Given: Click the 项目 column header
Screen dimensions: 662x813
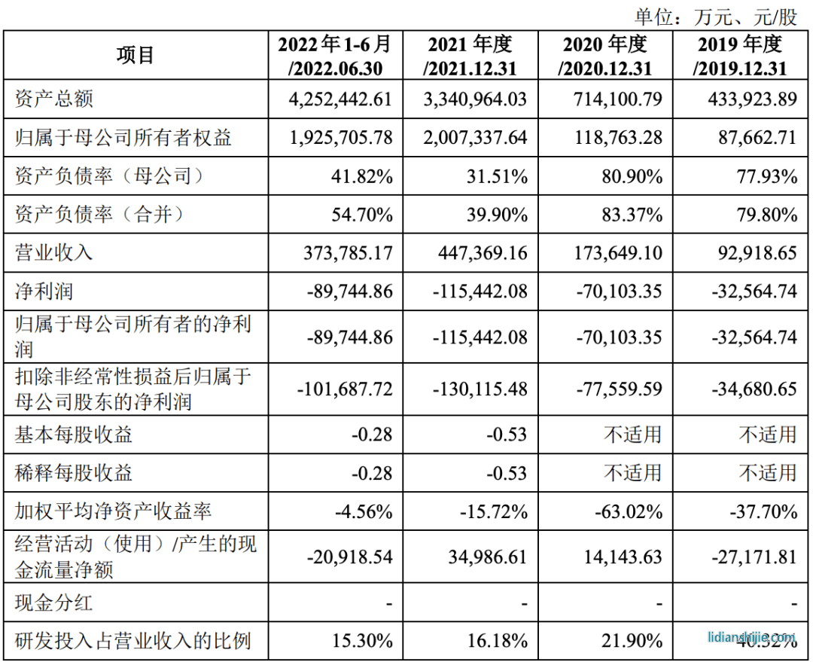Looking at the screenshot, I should click(x=135, y=55).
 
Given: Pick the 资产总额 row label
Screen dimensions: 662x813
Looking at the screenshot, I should click(x=54, y=99).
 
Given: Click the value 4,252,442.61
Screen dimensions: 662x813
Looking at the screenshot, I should click(x=340, y=99).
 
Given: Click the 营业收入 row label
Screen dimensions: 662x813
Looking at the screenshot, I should click(x=54, y=252).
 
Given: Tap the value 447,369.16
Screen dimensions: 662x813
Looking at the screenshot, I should click(x=483, y=252).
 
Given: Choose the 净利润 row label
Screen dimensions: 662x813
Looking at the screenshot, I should click(x=44, y=291).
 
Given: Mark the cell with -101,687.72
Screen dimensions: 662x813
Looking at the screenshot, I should click(x=346, y=389).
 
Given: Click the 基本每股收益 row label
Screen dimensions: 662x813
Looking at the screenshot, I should click(x=74, y=435).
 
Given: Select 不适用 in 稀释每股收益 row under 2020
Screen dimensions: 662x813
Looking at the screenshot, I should click(x=634, y=473).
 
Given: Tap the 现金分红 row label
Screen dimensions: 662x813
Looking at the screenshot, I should click(x=54, y=603).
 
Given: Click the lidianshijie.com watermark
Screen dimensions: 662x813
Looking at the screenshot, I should click(x=751, y=637).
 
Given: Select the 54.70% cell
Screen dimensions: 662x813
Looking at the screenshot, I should click(x=362, y=215).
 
